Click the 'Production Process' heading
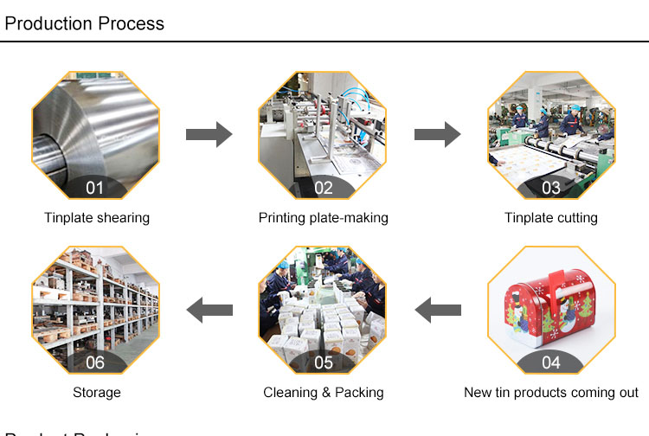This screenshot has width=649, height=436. (84, 22)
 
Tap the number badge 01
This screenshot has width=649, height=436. (95, 188)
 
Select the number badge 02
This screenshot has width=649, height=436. (323, 188)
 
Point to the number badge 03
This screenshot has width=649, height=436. (550, 188)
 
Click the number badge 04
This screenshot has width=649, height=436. (550, 362)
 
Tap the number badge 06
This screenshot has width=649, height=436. (95, 362)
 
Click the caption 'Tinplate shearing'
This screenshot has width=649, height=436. (97, 218)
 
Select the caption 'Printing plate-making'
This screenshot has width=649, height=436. (323, 218)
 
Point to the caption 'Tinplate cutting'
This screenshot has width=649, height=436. (551, 218)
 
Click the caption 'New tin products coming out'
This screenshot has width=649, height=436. (551, 393)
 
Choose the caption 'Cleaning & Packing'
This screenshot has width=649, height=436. (323, 393)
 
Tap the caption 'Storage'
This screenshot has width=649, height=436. (97, 393)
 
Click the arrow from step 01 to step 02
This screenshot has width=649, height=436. (209, 134)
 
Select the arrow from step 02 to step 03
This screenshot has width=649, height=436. (436, 134)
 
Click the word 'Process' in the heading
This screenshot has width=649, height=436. (131, 22)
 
